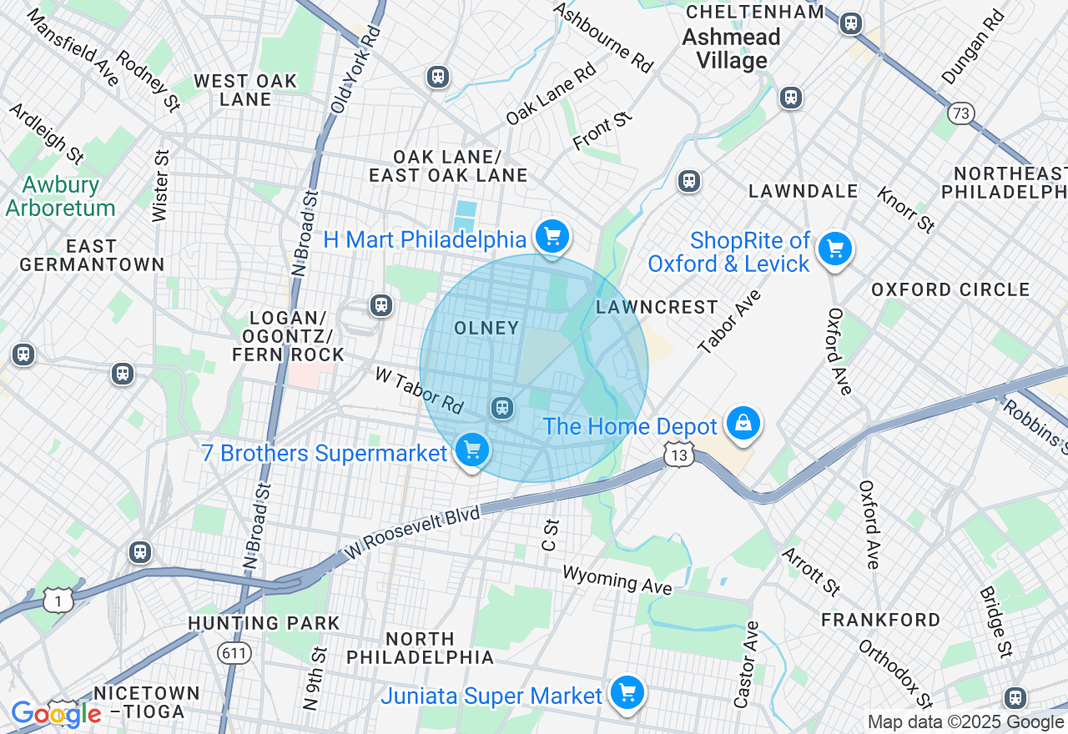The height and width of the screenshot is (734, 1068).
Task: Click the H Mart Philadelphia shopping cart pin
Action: (x=552, y=237)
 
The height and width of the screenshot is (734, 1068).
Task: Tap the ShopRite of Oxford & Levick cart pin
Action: (x=834, y=249)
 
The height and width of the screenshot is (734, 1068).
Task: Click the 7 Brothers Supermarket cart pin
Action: (x=472, y=450)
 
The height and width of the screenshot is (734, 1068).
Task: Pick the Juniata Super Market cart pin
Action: (x=627, y=693)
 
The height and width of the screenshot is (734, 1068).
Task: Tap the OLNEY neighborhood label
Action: (x=486, y=329)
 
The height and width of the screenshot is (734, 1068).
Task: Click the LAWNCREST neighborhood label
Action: (x=657, y=307)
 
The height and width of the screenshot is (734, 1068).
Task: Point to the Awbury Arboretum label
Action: (x=60, y=196)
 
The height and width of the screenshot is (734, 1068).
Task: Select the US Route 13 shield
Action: (x=680, y=455)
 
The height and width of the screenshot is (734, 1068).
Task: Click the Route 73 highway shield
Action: (x=961, y=113)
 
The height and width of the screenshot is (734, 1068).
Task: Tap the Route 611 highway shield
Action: (x=235, y=652)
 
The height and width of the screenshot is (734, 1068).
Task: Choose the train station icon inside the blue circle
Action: (x=501, y=407)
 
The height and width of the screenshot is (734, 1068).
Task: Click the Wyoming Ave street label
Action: (x=617, y=580)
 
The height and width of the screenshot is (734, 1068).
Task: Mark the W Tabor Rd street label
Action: (x=419, y=390)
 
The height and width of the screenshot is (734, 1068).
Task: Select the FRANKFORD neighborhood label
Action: (x=880, y=620)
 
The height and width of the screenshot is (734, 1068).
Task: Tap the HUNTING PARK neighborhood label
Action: (x=264, y=623)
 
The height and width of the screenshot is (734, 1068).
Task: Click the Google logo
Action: (x=56, y=714)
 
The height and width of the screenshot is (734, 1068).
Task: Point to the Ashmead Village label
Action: (x=732, y=48)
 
